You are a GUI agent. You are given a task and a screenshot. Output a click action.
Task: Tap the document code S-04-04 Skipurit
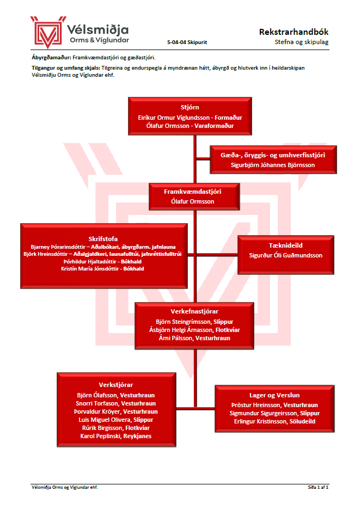click(187, 42)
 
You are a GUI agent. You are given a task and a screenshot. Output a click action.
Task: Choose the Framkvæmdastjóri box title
click(193, 192)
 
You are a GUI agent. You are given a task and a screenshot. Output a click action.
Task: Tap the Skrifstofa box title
click(103, 238)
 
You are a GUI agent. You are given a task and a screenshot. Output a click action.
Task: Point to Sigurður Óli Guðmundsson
click(286, 255)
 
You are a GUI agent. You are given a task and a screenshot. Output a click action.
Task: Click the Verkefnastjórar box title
click(193, 312)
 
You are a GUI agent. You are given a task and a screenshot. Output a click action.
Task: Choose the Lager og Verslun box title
click(275, 396)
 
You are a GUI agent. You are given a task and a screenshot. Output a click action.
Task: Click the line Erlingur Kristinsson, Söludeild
click(274, 421)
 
